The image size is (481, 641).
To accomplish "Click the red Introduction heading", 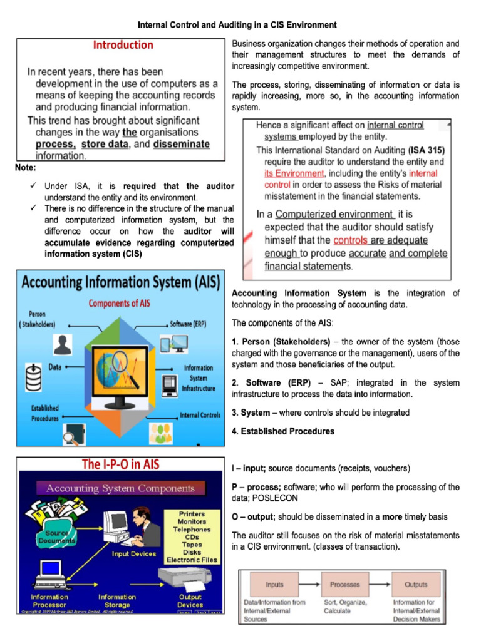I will [123, 45].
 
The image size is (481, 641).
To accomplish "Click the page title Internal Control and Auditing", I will [237, 24].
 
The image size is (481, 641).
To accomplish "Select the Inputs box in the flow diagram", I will [274, 584].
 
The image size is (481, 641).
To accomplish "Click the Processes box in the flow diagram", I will [344, 584].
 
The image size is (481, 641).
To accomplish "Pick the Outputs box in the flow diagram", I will [415, 584].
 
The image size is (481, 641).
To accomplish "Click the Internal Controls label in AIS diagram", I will [200, 415].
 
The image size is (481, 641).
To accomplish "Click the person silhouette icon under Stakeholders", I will [61, 344].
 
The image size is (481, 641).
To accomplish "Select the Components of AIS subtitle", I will [119, 304].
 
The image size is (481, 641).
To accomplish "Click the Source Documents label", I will [56, 536].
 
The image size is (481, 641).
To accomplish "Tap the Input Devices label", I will [133, 553].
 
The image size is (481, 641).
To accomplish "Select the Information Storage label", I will [117, 601].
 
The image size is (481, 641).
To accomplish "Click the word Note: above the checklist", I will [26, 168].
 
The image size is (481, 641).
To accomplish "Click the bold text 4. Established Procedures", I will [283, 431].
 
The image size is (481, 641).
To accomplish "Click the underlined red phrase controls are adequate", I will [381, 240].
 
